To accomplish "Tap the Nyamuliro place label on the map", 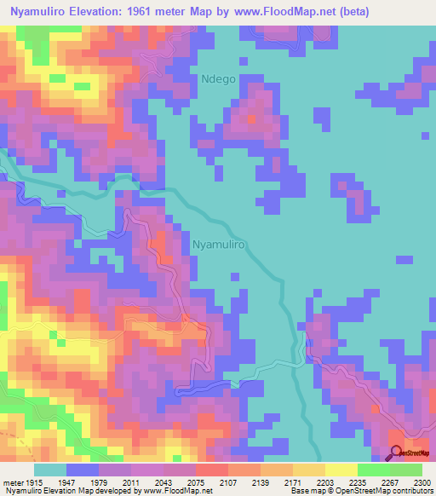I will tap(220, 244).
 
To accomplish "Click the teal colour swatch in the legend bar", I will tap(50, 469).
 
